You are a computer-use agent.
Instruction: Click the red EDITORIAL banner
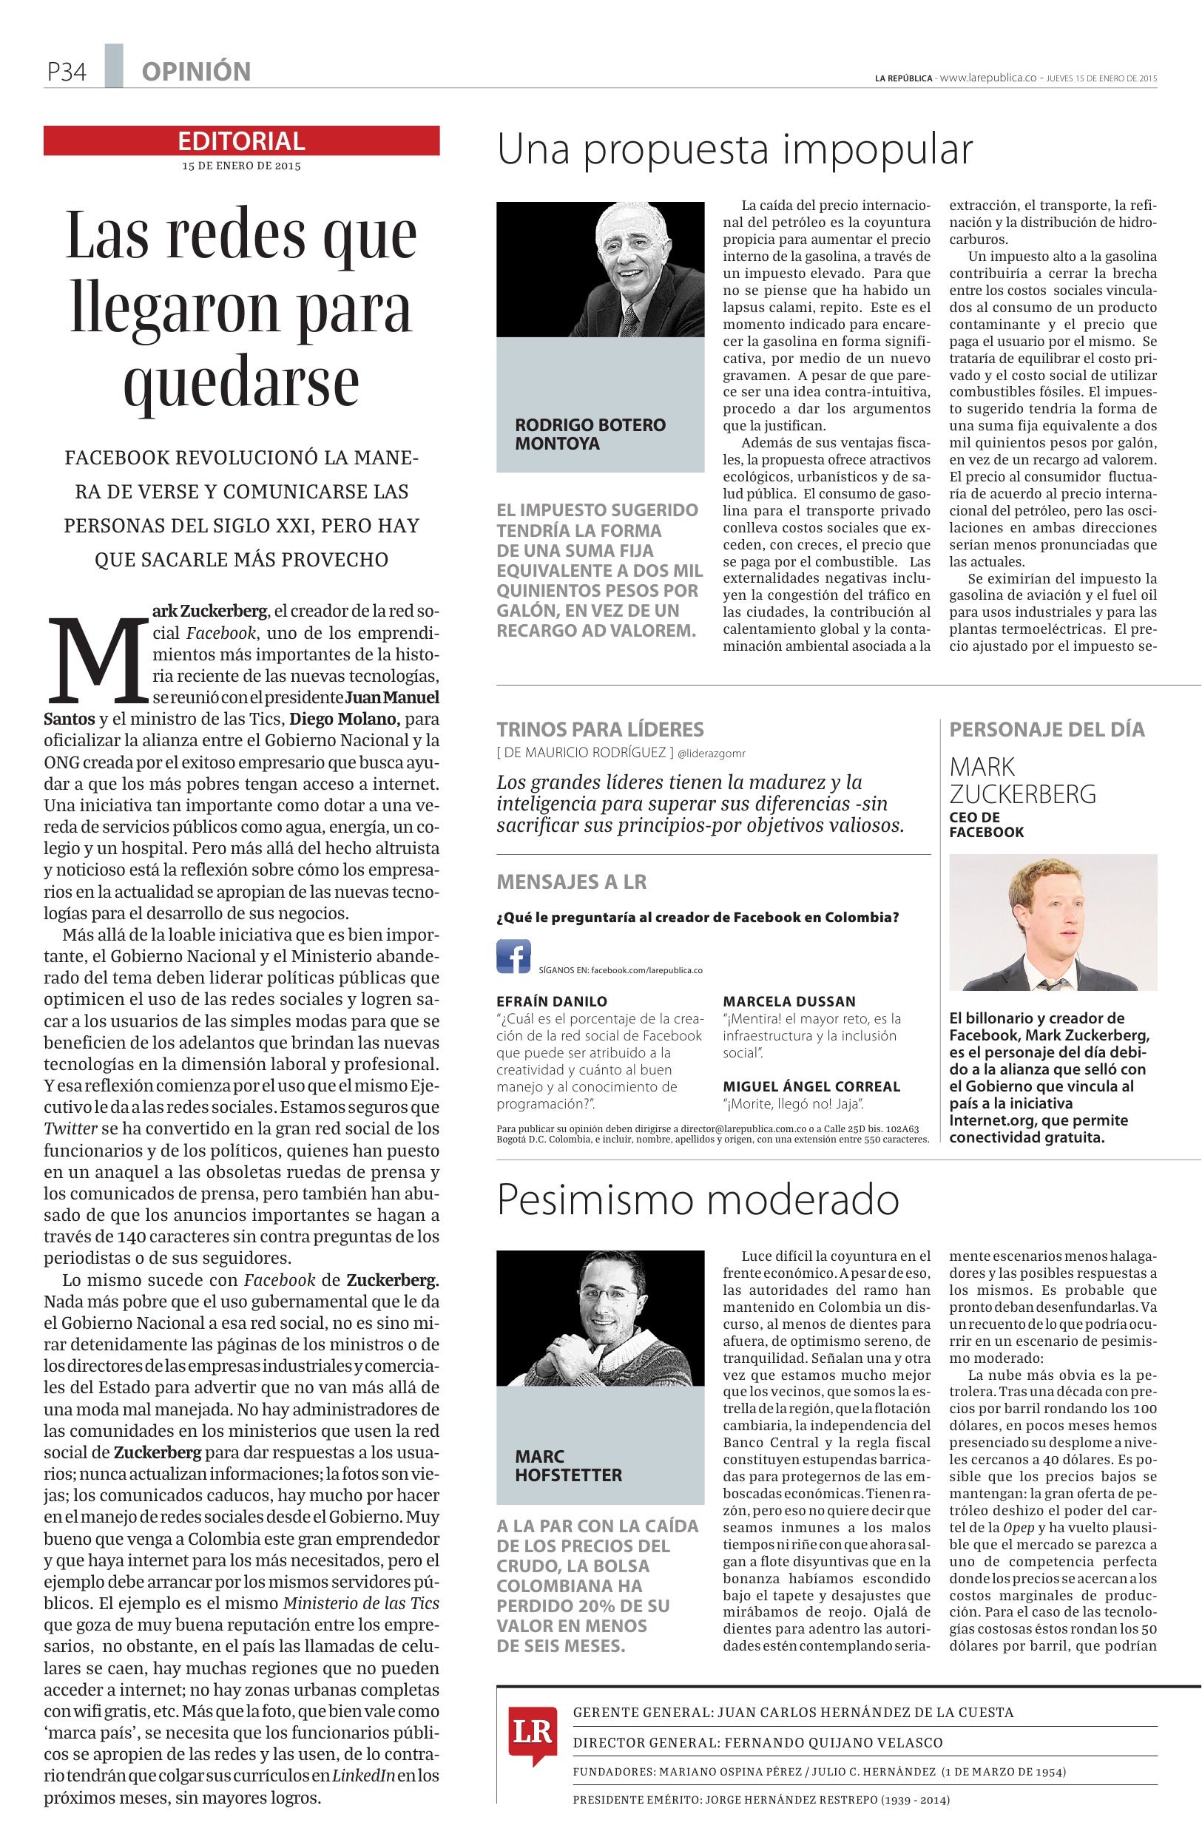(x=241, y=141)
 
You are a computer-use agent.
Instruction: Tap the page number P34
(x=65, y=72)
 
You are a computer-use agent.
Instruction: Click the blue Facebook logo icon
(x=513, y=956)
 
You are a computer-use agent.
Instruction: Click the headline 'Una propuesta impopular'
(x=734, y=150)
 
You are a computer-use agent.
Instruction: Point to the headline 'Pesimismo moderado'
(x=698, y=1199)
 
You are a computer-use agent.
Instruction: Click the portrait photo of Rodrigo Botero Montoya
(x=600, y=269)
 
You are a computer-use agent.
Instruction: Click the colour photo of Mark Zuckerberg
(x=1053, y=921)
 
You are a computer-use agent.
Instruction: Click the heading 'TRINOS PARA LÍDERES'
(x=599, y=729)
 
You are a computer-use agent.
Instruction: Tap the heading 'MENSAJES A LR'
(x=571, y=881)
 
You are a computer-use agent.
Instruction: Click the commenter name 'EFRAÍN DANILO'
(x=551, y=1001)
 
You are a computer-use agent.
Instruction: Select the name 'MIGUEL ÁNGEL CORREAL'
(x=811, y=1086)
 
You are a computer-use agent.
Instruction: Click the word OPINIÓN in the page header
(x=196, y=72)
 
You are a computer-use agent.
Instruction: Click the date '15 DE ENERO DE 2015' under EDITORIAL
(x=241, y=166)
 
